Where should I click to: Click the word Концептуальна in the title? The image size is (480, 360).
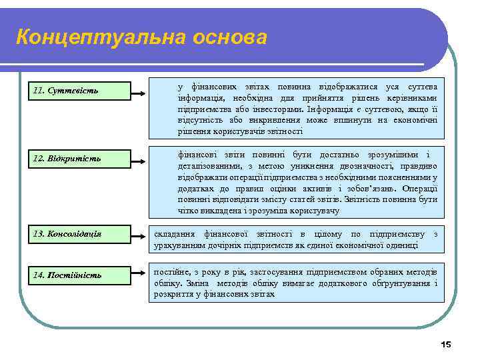point(97,37)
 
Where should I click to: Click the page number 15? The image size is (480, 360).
point(446,344)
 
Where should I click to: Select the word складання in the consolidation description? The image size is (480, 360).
point(174,234)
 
